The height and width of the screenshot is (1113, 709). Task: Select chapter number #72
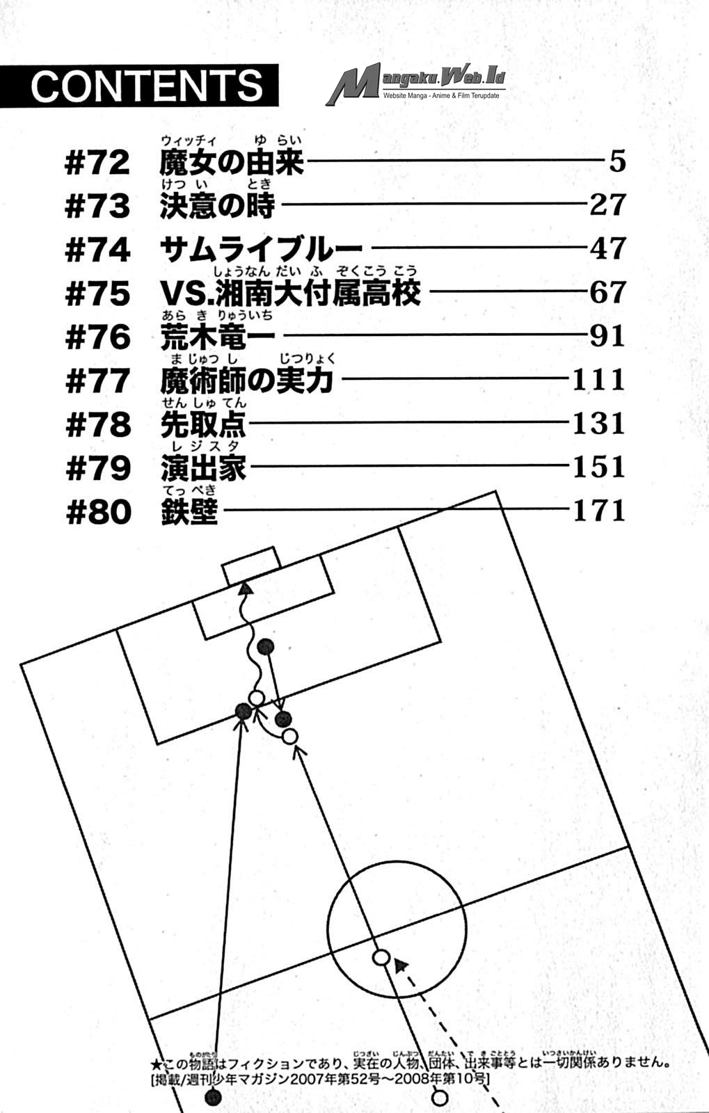(x=97, y=163)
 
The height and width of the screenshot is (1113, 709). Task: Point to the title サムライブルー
(x=262, y=249)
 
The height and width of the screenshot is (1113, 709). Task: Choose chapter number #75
(x=97, y=294)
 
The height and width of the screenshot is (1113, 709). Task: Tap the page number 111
(x=598, y=380)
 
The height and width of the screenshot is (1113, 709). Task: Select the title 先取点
(x=203, y=424)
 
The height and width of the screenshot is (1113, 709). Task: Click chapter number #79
(x=97, y=468)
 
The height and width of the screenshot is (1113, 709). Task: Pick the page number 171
(x=598, y=511)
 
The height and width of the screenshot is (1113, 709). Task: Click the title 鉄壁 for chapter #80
(x=189, y=512)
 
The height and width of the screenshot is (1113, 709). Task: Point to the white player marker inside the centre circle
(x=381, y=957)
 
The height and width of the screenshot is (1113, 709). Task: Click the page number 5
(x=617, y=161)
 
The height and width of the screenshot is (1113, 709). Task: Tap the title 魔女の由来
(x=232, y=162)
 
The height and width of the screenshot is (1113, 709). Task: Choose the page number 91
(x=607, y=336)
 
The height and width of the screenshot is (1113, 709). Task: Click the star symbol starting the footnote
(x=155, y=1064)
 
